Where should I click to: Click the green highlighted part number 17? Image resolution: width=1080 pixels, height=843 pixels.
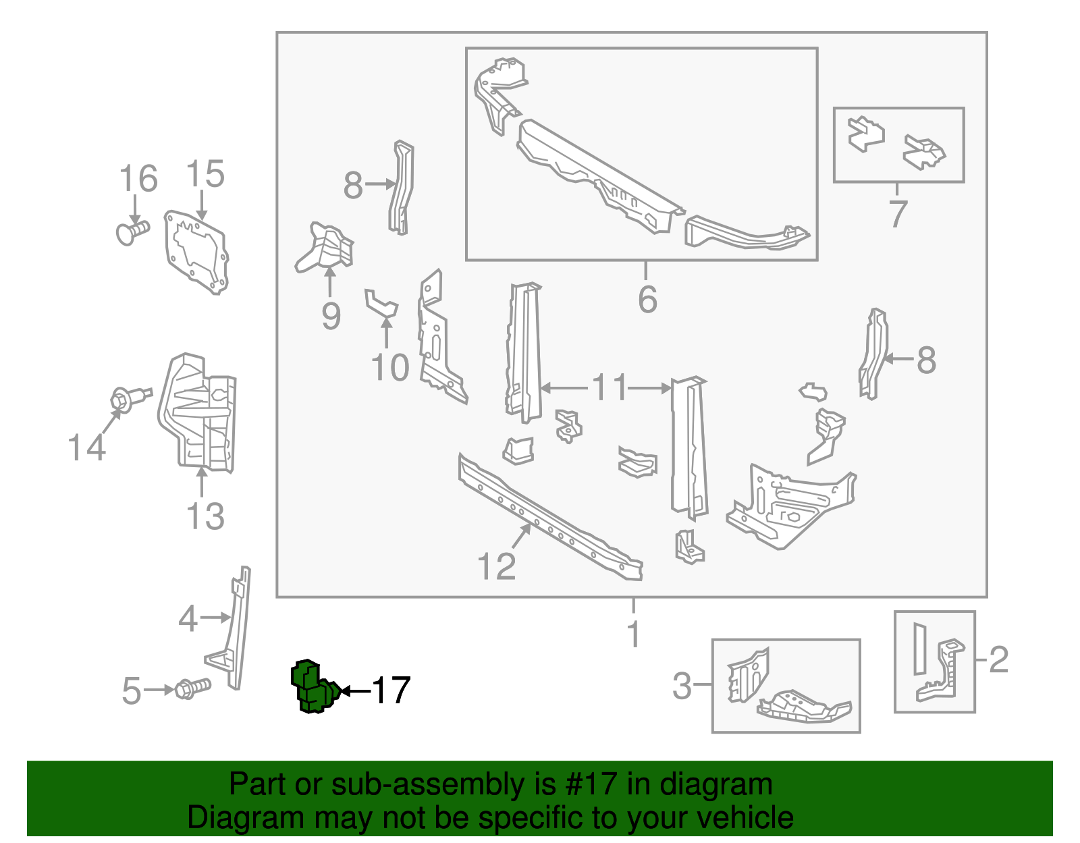coord(313,687)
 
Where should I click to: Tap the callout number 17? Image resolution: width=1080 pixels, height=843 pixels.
coord(391,690)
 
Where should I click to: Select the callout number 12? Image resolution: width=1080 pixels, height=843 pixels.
coord(496,566)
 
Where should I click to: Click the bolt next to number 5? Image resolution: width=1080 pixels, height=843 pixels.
coord(192,689)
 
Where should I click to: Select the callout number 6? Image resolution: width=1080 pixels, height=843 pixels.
coord(647,300)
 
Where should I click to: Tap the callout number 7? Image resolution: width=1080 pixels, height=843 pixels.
coord(897,213)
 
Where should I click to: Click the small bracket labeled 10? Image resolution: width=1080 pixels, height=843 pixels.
coord(380,302)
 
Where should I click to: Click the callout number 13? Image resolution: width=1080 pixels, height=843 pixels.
coord(205,516)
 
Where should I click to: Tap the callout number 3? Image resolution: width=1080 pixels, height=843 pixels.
coord(682,686)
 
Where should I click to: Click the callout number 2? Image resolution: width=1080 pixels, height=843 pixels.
coord(998,659)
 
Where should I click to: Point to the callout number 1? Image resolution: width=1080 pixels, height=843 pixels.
coord(633,634)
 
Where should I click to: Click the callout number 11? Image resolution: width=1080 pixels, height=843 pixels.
coord(610,388)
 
